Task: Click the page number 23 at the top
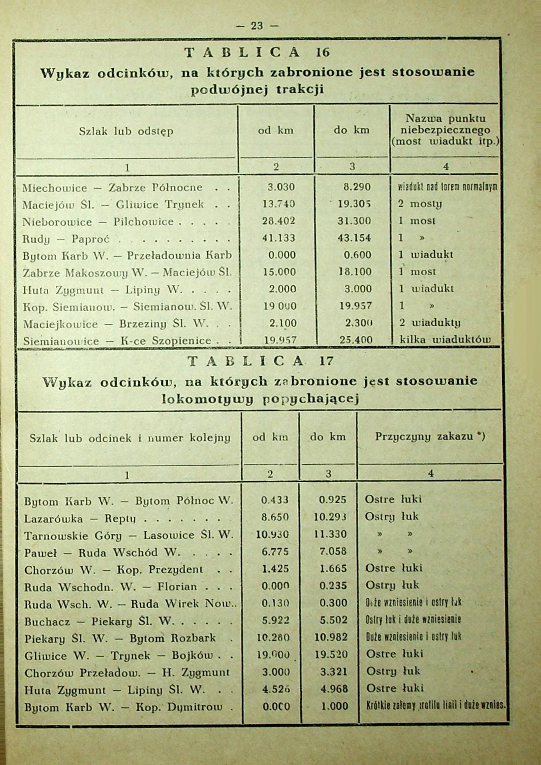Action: (257, 26)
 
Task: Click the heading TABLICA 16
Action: (257, 52)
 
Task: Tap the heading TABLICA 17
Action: (260, 361)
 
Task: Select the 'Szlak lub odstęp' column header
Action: (126, 131)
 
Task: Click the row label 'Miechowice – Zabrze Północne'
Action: (113, 188)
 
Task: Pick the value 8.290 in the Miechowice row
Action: (357, 187)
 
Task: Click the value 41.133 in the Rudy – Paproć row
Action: (279, 238)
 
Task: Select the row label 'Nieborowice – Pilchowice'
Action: (98, 222)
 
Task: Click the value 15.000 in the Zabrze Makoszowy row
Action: (279, 272)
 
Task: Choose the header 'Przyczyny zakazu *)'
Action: (430, 436)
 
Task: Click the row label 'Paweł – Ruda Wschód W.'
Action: (102, 553)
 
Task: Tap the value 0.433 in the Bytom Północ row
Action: (275, 500)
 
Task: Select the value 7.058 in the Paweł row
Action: (333, 551)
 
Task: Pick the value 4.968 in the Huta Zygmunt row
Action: (334, 689)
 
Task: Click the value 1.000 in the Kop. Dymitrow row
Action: (335, 706)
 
